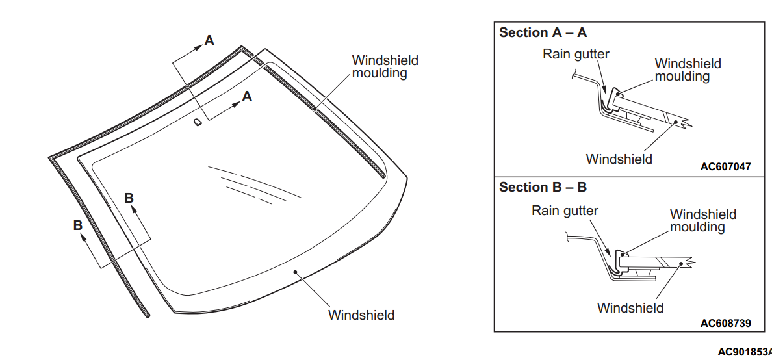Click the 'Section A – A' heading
pos(543,32)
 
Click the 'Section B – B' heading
pos(543,187)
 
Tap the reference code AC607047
pos(725,167)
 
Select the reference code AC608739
pos(725,323)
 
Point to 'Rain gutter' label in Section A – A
pos(576,54)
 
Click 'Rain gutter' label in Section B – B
pos(565,211)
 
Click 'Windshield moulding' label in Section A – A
pos(688,70)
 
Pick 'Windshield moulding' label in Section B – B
pos(702,221)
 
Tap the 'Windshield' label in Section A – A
pos(619,159)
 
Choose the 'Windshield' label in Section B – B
pos(630,308)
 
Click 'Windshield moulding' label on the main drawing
pos(385,67)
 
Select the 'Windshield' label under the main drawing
pos(361,315)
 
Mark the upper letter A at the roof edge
pos(209,40)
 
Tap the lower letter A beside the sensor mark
pos(246,96)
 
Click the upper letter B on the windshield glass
pos(129,198)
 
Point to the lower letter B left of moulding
pos(78,225)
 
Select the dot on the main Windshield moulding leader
pos(315,109)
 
